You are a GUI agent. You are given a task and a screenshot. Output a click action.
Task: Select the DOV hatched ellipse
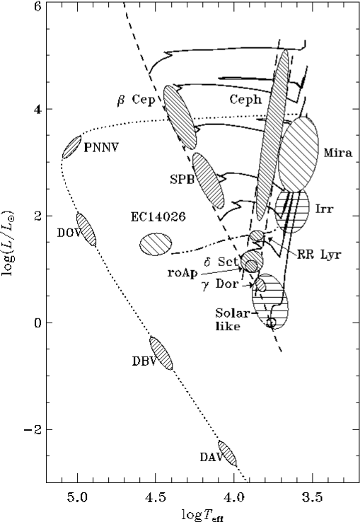pyautogui.click(x=86, y=229)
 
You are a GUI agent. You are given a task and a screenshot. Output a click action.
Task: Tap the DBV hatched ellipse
pyautogui.click(x=161, y=354)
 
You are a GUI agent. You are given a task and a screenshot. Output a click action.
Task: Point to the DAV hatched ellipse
pyautogui.click(x=227, y=453)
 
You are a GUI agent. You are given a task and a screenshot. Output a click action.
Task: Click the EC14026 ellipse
pyautogui.click(x=156, y=245)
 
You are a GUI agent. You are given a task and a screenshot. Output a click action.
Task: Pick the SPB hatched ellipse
pyautogui.click(x=208, y=178)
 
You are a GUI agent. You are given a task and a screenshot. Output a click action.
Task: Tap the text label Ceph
pyautogui.click(x=245, y=100)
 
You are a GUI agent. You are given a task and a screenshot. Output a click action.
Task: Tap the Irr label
pyautogui.click(x=326, y=210)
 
